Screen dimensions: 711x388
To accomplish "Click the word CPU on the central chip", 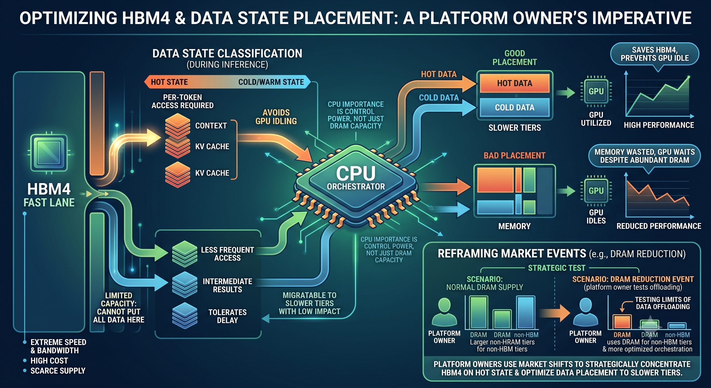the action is tap(356, 173).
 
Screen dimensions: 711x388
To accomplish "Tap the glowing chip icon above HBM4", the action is tap(49, 153).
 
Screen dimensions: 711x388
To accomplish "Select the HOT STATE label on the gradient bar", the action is tap(169, 82).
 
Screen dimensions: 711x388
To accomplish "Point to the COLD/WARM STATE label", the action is tap(271, 82).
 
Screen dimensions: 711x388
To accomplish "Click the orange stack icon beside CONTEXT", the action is tap(177, 126).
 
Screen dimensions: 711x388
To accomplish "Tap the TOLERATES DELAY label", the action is tap(227, 316).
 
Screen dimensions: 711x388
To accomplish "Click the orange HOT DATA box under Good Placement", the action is tap(515, 83).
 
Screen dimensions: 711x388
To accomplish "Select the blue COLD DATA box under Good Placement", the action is tap(515, 107).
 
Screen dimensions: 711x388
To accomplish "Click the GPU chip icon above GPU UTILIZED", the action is tap(596, 91).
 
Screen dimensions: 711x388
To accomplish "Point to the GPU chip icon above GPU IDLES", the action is tap(596, 190).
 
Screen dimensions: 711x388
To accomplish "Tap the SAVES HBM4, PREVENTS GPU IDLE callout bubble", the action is tap(655, 54).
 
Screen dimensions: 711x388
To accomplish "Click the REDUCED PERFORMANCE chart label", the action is tap(659, 226).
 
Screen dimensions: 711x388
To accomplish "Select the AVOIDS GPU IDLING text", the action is tap(276, 117).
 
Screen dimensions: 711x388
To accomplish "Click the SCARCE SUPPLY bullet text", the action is tap(58, 371).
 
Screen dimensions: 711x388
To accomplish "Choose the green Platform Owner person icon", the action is tap(444, 312).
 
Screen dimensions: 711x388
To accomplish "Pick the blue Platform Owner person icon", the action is tap(586, 312).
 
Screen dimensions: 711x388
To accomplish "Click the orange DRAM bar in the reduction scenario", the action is tap(622, 322).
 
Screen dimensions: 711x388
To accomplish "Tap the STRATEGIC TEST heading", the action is tap(557, 268).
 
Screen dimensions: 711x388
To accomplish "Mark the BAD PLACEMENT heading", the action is tap(515, 155).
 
